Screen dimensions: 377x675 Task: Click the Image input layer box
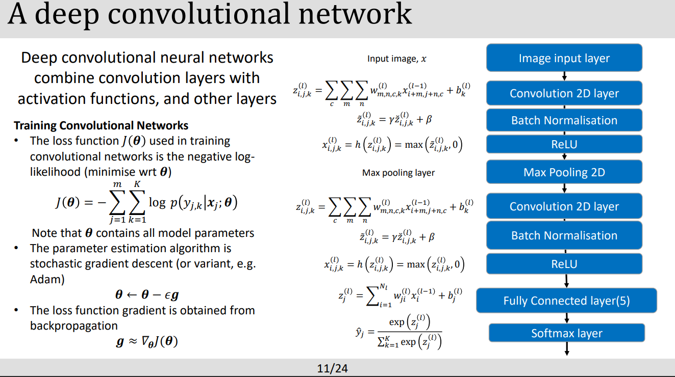[564, 58]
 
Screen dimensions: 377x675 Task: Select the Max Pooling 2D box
[564, 172]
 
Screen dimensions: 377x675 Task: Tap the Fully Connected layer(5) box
[566, 301]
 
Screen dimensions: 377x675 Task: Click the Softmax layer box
[566, 333]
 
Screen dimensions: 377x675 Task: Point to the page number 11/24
[332, 368]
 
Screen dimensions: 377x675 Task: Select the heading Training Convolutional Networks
[101, 125]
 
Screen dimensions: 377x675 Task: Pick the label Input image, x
[396, 59]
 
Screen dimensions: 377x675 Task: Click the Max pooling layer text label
[398, 173]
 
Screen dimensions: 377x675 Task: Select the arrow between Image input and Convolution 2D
[564, 76]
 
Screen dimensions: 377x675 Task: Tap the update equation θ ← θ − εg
[146, 294]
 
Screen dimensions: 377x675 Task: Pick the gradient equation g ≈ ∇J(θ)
[146, 342]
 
